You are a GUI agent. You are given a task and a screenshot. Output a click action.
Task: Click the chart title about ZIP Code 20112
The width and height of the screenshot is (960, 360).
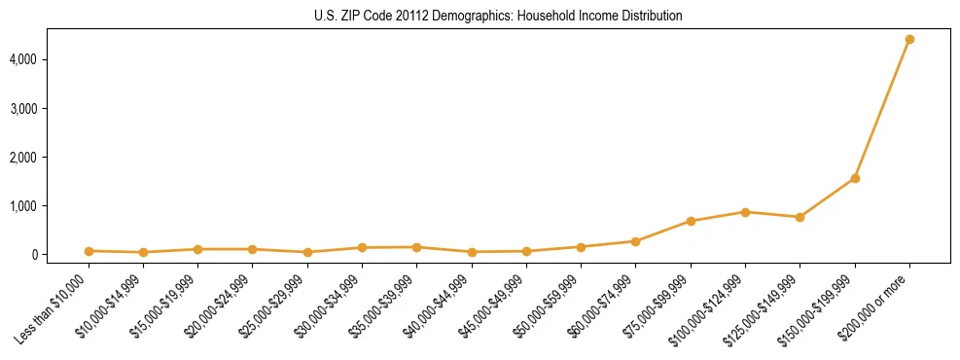498,16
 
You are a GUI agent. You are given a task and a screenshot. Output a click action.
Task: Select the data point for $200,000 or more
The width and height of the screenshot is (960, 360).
909,40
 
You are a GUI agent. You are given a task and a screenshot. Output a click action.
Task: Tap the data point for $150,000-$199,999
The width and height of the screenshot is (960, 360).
855,178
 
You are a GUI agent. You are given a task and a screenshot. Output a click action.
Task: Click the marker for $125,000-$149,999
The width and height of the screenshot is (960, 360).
800,217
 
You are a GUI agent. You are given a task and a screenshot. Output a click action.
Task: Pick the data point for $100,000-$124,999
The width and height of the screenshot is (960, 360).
745,212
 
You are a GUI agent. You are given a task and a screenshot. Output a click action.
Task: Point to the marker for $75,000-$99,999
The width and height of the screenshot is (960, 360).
691,221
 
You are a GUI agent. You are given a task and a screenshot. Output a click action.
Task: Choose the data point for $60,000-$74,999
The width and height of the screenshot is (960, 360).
635,241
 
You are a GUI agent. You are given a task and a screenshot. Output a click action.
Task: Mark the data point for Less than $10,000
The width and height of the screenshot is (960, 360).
89,251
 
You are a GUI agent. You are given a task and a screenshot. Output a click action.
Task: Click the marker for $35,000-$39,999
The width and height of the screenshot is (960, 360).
416,247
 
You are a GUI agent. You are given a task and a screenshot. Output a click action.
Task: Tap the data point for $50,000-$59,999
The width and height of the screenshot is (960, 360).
581,247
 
